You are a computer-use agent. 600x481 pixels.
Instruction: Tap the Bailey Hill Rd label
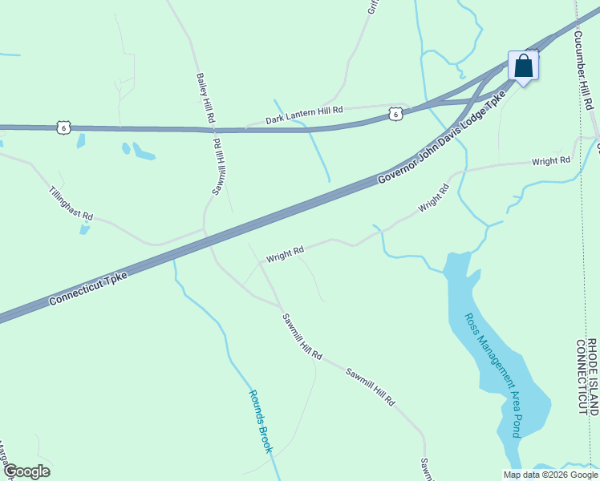pos(205,98)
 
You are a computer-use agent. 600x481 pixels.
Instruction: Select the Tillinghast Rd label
pos(71,204)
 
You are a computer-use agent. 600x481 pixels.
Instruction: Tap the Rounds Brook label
pos(261,421)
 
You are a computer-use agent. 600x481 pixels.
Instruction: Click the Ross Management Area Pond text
pos(493,374)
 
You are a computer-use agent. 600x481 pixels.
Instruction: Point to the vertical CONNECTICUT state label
pos(581,376)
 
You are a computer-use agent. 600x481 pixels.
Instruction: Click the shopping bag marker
pos(523,66)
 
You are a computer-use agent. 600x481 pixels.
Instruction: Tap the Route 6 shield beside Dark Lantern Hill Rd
pos(395,115)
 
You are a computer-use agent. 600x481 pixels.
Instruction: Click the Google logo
pos(26,471)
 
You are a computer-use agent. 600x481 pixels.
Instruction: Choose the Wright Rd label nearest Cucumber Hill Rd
pos(551,161)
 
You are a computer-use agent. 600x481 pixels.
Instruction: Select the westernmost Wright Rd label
pos(285,254)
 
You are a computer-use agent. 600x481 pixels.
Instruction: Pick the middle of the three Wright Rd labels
pos(432,199)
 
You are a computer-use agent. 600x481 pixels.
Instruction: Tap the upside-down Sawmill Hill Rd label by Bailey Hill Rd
pos(218,166)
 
